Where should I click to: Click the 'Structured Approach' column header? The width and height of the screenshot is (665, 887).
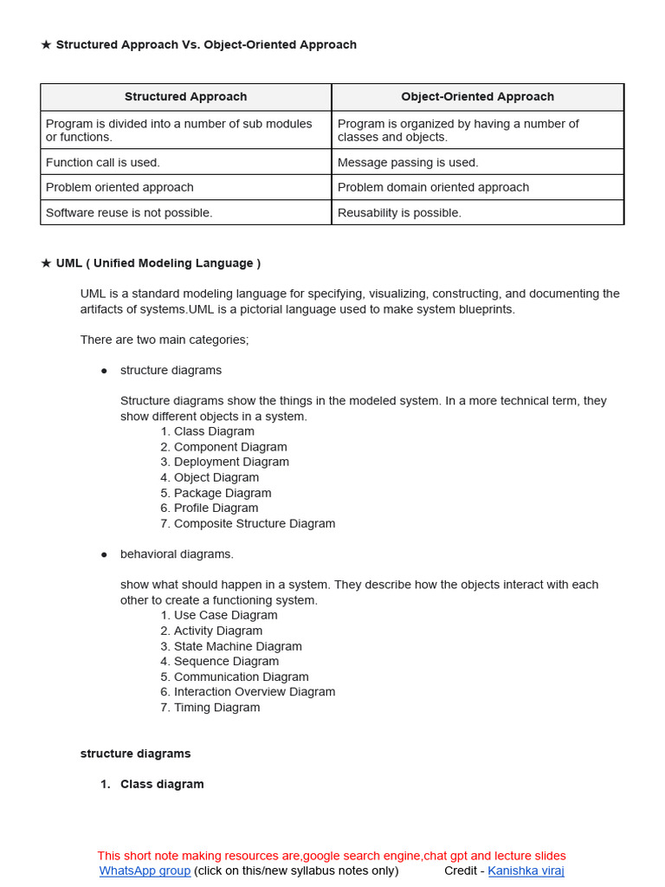click(x=185, y=97)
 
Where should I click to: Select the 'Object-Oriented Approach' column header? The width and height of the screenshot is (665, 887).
click(x=477, y=97)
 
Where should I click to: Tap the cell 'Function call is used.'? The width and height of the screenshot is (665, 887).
click(x=103, y=162)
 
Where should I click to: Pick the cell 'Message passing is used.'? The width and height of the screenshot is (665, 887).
click(x=408, y=162)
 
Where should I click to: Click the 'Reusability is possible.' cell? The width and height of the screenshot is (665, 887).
click(x=399, y=212)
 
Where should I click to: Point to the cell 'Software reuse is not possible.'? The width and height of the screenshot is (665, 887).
click(x=129, y=212)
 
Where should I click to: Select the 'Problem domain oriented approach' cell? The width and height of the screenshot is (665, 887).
click(x=433, y=187)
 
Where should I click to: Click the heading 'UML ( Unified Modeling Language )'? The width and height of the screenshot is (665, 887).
click(x=158, y=263)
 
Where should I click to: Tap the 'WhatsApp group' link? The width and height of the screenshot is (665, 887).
click(x=145, y=871)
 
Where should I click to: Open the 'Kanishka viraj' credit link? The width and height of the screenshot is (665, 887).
click(x=526, y=871)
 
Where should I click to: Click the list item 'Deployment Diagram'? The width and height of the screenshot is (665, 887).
click(x=231, y=462)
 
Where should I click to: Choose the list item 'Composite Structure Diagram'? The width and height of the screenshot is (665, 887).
click(x=254, y=523)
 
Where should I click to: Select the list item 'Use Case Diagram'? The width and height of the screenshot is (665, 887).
click(x=225, y=615)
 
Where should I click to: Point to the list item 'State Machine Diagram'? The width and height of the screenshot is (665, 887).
click(x=237, y=646)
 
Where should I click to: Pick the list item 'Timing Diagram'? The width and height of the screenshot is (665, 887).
click(x=216, y=707)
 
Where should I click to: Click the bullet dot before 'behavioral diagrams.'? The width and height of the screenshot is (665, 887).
click(x=104, y=554)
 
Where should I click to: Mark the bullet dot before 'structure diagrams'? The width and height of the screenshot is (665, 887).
click(x=104, y=371)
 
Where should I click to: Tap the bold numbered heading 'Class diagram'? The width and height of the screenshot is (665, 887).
click(x=162, y=784)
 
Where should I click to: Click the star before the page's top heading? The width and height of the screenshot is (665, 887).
click(x=46, y=45)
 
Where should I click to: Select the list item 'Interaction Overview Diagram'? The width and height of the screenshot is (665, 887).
click(x=254, y=691)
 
